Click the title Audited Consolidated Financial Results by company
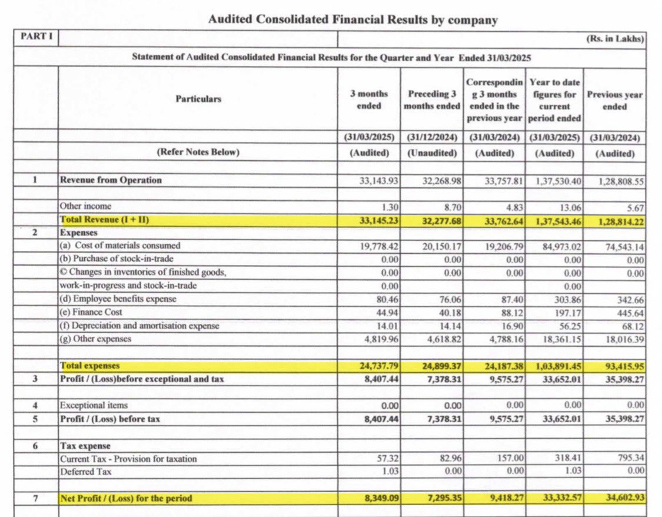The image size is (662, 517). point(352,20)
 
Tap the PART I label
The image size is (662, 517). point(36,37)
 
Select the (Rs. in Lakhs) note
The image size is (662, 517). point(615,39)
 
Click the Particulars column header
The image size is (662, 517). point(198,99)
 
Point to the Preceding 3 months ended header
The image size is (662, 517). point(431,100)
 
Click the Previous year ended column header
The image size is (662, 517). point(614,100)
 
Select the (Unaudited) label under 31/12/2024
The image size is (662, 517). point(432,153)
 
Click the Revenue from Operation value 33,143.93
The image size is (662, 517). point(379,181)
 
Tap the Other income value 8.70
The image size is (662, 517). point(453,207)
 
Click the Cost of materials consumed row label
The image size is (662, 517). point(120,246)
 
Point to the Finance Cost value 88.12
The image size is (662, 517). point(510,312)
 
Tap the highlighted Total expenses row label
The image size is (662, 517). point(89,366)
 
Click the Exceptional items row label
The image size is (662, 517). point(94,406)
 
